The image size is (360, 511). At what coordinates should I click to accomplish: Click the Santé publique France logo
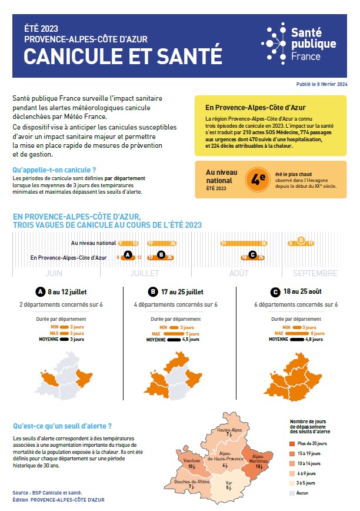[x=299, y=44]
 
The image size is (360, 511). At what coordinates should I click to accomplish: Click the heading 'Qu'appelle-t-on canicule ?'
[x=54, y=170]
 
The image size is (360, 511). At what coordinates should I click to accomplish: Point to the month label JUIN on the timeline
[x=54, y=273]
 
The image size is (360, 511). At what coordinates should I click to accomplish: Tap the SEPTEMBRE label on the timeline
[x=315, y=273]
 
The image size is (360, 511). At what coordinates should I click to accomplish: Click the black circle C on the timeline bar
[x=253, y=255]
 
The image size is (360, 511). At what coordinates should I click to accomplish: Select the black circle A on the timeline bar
[x=129, y=255]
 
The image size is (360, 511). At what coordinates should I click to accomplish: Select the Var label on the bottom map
[x=229, y=485]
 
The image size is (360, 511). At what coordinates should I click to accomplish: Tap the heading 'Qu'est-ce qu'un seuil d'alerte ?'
[x=62, y=426]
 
